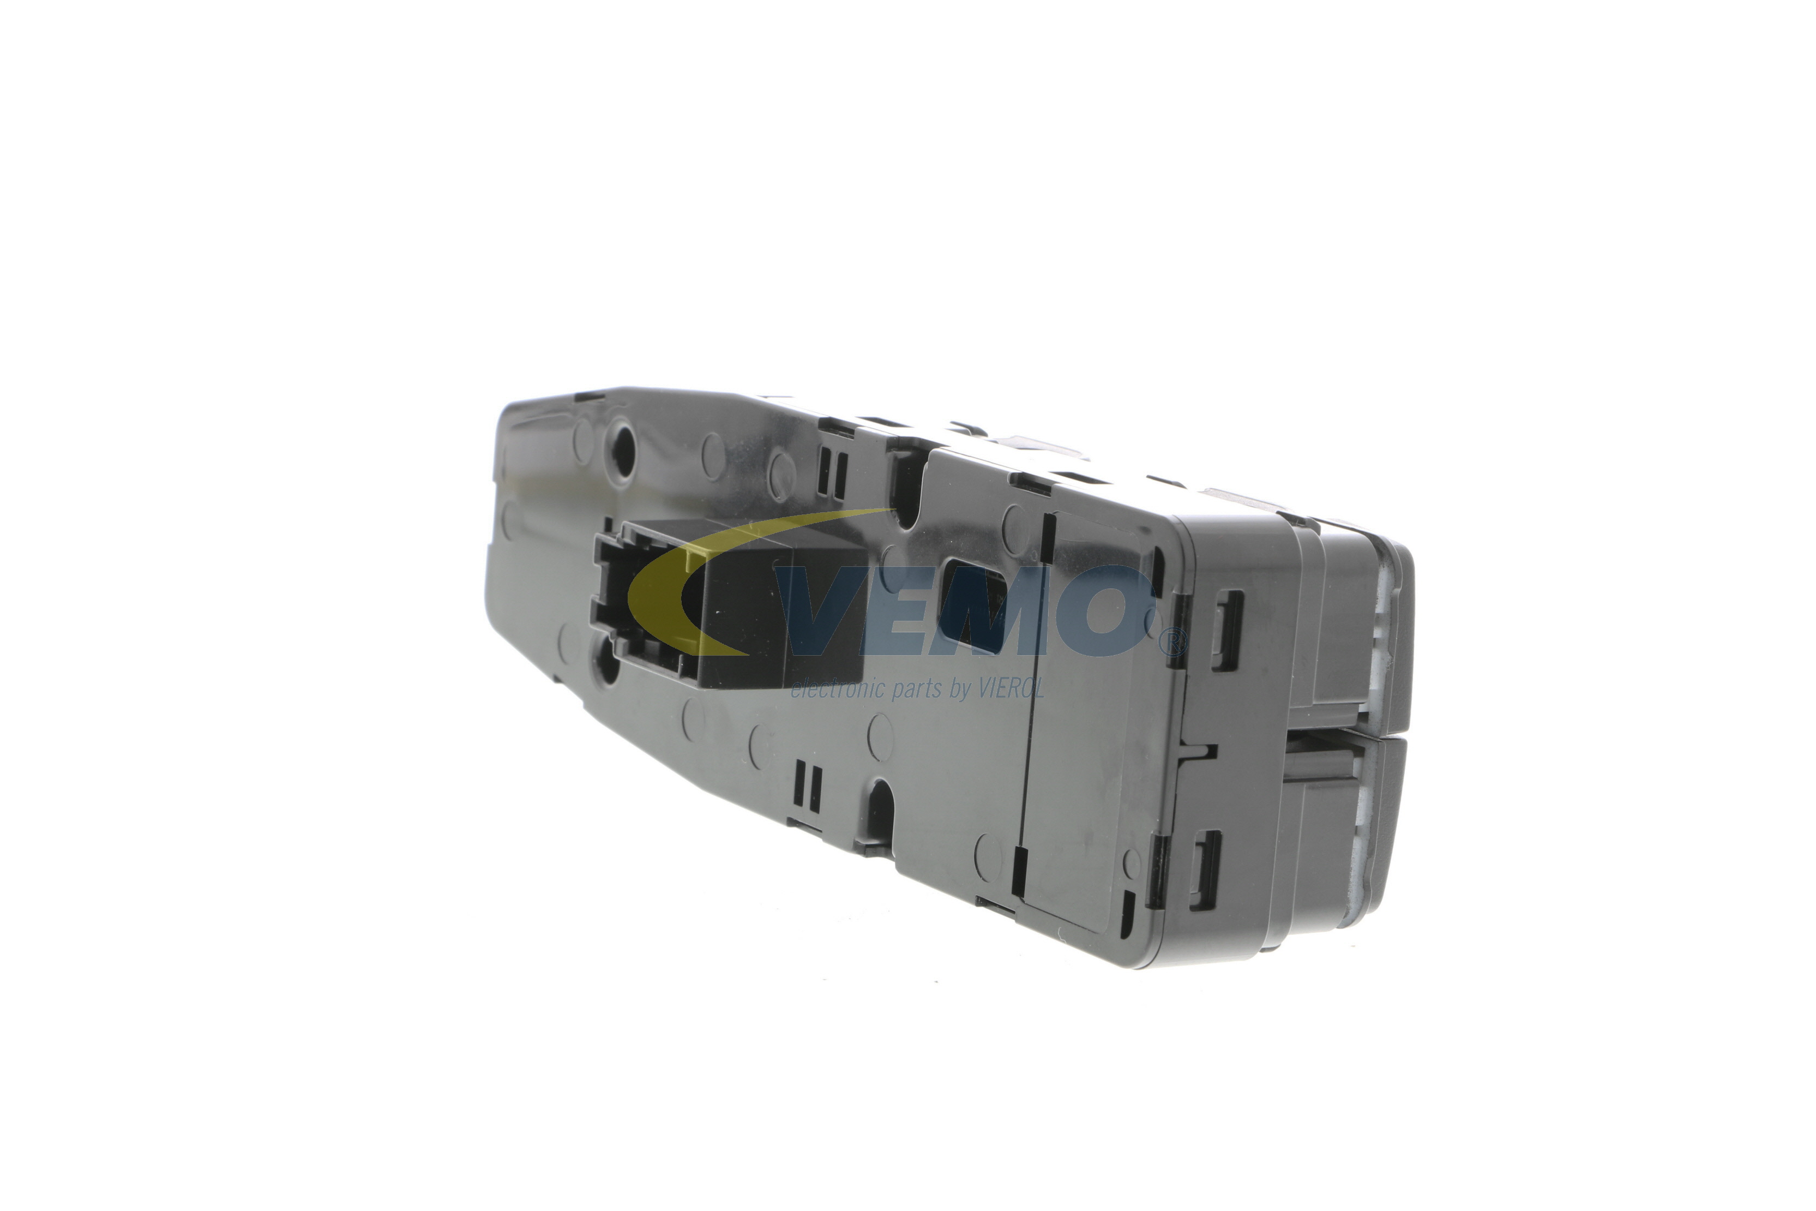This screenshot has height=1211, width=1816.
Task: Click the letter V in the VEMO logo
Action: click(830, 609)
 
